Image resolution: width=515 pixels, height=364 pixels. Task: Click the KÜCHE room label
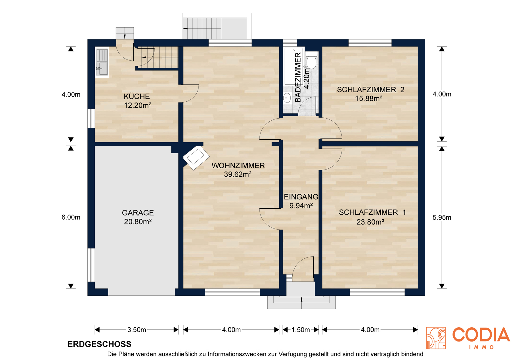point(137,96)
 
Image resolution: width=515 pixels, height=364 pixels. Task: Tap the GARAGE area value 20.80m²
point(138,222)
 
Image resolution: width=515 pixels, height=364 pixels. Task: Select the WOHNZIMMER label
point(238,165)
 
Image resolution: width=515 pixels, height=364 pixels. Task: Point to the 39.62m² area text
point(238,174)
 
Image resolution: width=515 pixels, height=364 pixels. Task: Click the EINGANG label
point(301,197)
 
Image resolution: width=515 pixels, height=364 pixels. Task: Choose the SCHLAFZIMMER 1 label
point(372,212)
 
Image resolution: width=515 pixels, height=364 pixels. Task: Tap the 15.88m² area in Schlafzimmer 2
point(369,99)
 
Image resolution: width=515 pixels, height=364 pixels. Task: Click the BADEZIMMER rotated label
point(298,77)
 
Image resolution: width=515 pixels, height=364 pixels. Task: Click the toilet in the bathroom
point(312,60)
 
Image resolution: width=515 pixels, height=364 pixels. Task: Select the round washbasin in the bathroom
point(287,98)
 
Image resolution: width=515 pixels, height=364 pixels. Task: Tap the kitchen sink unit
point(102,62)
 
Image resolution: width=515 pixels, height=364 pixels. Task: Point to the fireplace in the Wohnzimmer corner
point(196,158)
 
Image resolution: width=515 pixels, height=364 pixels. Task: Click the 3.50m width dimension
point(137,330)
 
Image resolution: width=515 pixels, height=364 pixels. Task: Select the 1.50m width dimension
point(300,330)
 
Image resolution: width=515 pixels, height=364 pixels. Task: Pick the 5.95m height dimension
point(442,217)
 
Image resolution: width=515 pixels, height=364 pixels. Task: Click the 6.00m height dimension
point(71,217)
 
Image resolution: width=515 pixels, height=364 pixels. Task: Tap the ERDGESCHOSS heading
point(99,344)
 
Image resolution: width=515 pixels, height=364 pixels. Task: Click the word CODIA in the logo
point(481,335)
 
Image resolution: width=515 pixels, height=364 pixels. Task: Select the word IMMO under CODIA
point(481,347)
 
